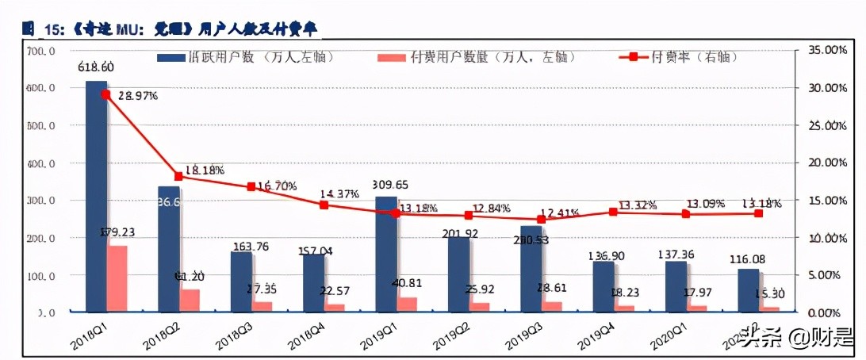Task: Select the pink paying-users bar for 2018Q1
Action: click(117, 278)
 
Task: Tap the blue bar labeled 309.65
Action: click(386, 253)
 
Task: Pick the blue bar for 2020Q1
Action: click(676, 285)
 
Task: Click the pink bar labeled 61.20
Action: click(190, 300)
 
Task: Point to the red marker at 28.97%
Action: click(106, 94)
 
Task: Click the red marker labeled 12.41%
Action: click(542, 219)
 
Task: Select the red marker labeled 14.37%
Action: click(324, 205)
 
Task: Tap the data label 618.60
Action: click(96, 67)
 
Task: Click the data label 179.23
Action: click(118, 232)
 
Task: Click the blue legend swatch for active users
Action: click(170, 58)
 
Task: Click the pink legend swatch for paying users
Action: click(392, 58)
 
